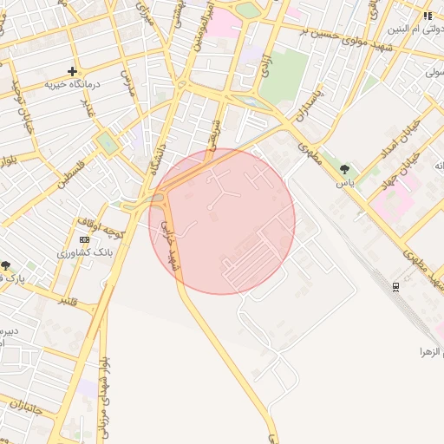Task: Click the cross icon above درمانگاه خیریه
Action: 73,71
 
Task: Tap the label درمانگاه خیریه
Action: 74,85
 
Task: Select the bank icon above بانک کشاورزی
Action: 84,239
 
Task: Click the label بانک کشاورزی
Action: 80,253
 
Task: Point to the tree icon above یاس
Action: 345,169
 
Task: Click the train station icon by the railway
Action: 395,285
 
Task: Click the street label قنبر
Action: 68,301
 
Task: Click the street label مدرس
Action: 127,84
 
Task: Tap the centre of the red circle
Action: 222,221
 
